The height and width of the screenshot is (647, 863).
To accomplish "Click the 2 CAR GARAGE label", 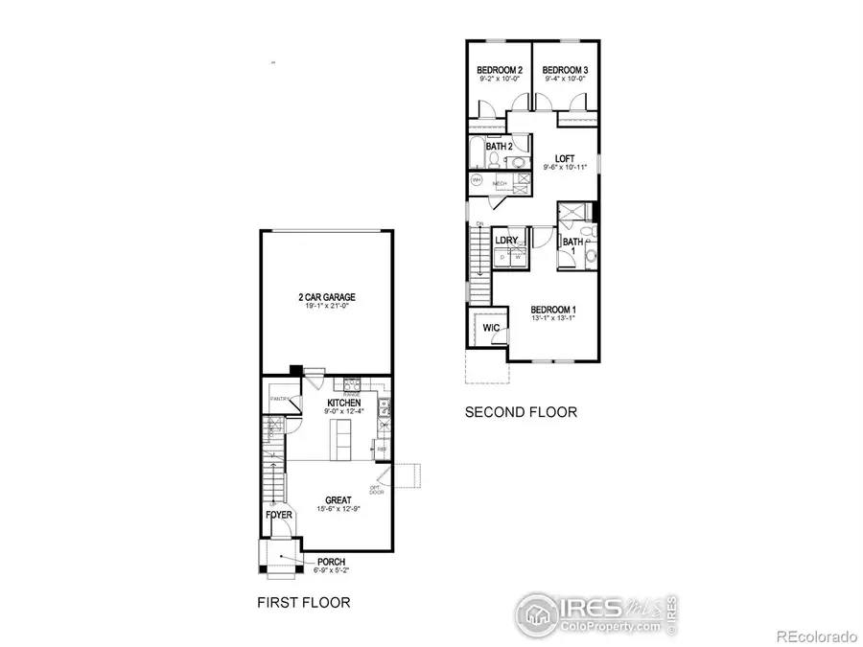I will click(x=326, y=297).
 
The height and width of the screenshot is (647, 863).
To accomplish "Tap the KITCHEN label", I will click(x=343, y=403).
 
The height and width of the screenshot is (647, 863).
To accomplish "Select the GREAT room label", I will click(x=338, y=499).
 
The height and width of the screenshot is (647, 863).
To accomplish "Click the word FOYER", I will click(x=278, y=515).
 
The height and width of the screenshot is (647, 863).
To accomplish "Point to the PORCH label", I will click(x=331, y=562).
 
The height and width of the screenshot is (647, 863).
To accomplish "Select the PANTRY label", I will click(x=280, y=399).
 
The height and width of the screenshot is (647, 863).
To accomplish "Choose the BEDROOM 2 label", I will click(x=499, y=70).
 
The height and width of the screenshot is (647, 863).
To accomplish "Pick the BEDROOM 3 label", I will click(x=564, y=70).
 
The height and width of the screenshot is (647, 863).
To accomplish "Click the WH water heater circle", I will click(x=477, y=181).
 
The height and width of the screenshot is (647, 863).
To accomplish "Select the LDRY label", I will click(x=506, y=241).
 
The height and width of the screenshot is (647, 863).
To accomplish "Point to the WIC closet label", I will click(x=491, y=328).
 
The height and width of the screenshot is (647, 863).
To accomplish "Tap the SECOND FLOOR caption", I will click(x=521, y=412).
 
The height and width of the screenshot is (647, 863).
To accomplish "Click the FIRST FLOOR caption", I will click(x=302, y=603).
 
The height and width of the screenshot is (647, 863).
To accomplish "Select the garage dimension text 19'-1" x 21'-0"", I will click(x=326, y=308).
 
